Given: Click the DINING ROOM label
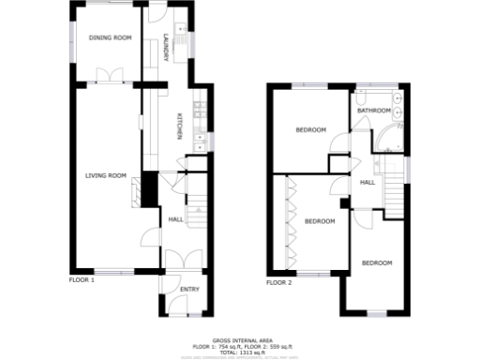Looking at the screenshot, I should coord(110,38).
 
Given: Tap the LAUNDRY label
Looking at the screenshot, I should coord(166,49).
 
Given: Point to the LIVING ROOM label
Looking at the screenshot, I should coord(105,175).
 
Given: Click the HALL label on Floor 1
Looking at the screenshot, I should coord(175,220).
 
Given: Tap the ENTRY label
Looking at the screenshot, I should coord(189,290).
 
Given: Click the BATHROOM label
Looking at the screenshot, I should coord(372,111).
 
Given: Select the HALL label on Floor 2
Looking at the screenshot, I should coord(367,182).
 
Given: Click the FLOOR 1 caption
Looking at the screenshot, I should coord(82,280).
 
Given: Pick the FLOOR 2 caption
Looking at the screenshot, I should coord(278,282).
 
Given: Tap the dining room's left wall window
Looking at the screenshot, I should coord(74,42).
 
